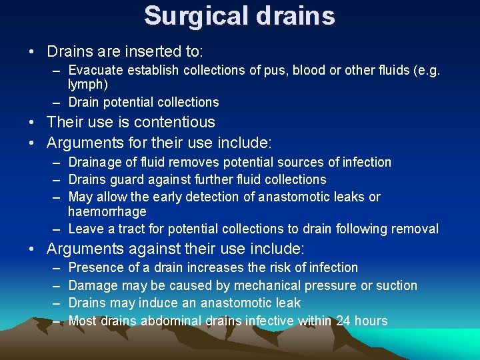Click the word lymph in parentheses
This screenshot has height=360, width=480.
coord(86,85)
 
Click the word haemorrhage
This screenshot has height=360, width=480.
coord(107,211)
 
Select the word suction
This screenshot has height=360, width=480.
coord(395,285)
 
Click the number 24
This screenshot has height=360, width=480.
coord(343,321)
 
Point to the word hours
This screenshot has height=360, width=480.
coord(371,321)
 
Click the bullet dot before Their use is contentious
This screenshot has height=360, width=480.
coord(31,123)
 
